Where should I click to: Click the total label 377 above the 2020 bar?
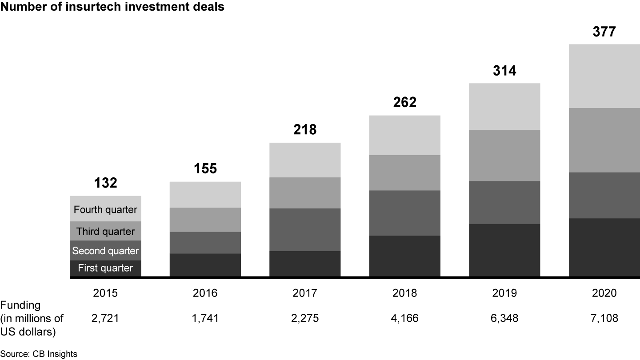click(604, 32)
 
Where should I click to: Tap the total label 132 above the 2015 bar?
click(105, 183)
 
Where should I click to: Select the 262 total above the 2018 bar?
click(404, 103)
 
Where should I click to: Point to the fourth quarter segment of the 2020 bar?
click(604, 76)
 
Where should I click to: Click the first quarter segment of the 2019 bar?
click(504, 250)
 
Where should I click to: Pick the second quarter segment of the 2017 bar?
click(305, 229)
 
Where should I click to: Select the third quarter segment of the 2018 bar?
click(404, 172)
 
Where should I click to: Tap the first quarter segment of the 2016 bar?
click(205, 265)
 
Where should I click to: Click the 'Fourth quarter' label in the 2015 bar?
click(105, 209)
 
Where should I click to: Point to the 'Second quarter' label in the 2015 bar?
click(105, 251)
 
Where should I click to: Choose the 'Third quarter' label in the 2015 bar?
click(105, 231)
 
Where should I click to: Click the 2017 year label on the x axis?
click(305, 293)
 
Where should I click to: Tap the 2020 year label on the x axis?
click(604, 293)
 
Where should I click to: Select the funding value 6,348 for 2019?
click(504, 318)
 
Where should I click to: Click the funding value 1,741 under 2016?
click(205, 318)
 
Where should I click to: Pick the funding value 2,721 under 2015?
click(105, 318)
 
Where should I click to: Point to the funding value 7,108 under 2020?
click(604, 318)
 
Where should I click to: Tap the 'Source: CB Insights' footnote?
click(39, 354)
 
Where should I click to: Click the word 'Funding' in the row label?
click(20, 305)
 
